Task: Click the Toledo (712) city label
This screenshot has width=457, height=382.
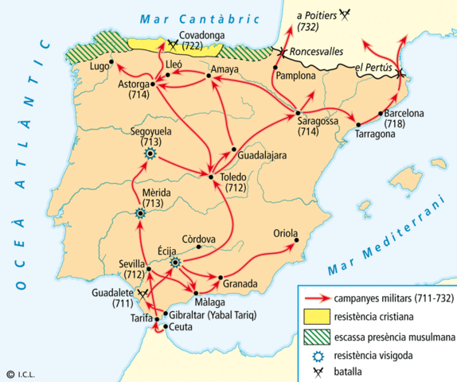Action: (235, 182)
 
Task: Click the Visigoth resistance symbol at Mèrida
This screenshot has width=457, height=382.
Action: (140, 212)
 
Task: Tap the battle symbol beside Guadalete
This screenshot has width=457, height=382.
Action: (143, 294)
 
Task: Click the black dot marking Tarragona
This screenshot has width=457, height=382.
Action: (359, 124)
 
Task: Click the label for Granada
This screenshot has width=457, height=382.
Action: (240, 283)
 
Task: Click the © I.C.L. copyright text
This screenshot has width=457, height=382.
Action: (21, 373)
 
